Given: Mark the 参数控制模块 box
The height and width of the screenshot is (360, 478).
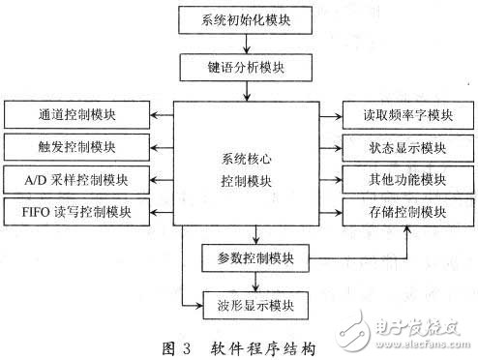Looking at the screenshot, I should (254, 258).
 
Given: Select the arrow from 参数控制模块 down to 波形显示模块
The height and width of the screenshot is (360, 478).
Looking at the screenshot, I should (254, 282).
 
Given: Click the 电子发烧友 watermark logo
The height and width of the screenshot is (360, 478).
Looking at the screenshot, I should (424, 332).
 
